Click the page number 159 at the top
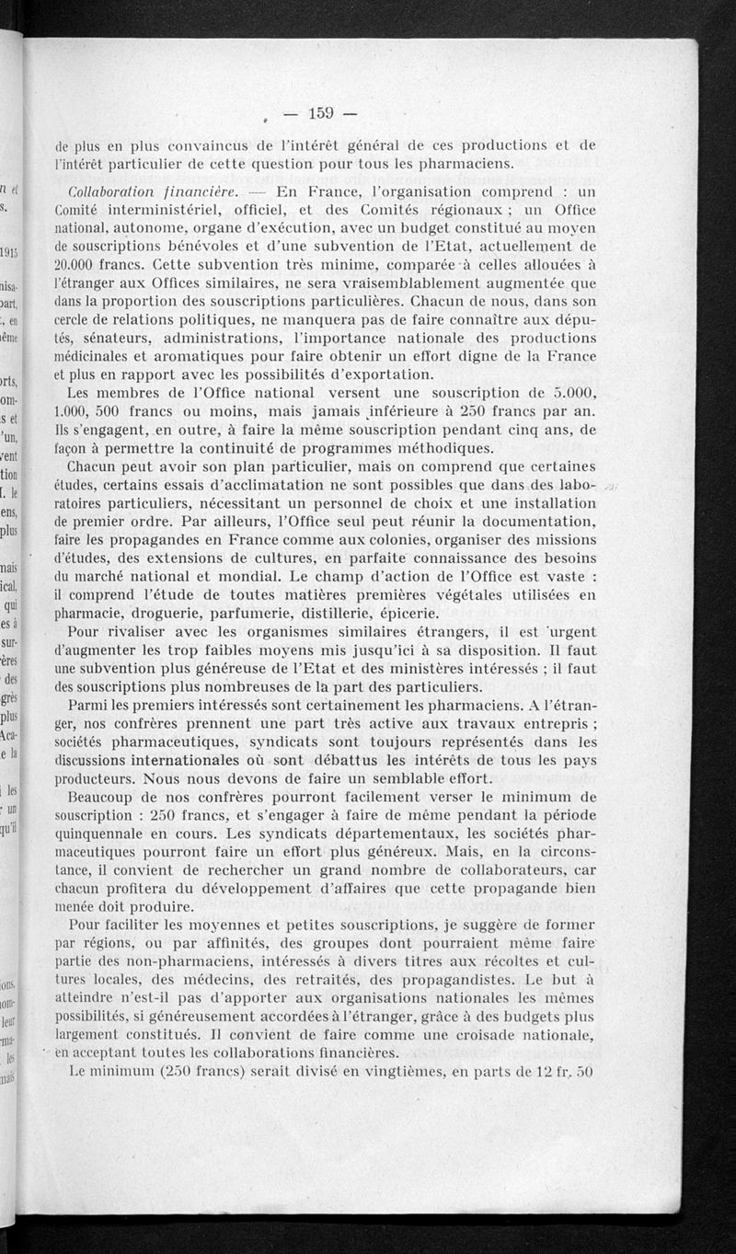click(x=320, y=113)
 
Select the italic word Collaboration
click(x=111, y=191)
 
